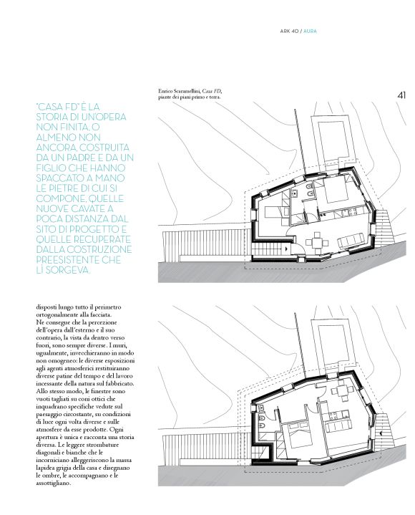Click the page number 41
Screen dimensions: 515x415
401,95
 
